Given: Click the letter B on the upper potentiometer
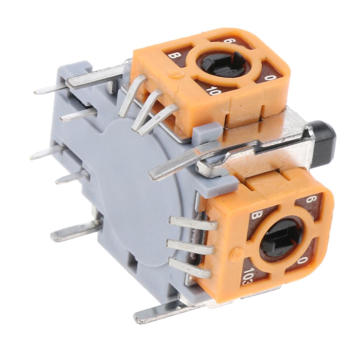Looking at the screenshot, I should (173, 56).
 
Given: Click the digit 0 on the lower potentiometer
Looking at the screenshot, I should (301, 260).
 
